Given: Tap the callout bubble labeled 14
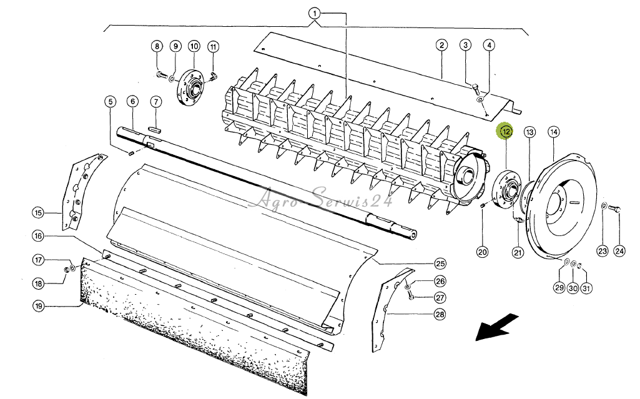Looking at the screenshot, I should coord(554,132).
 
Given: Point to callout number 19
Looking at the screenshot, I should coord(39,305).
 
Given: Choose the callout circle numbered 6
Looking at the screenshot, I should coord(132,101).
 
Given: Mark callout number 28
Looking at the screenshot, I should coord(440,315).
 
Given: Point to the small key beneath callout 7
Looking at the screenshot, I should coord(154,126).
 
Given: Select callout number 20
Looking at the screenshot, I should coord(482,252).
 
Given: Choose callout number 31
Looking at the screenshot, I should coord(586,288).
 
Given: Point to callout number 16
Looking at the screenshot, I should coord(39,236).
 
